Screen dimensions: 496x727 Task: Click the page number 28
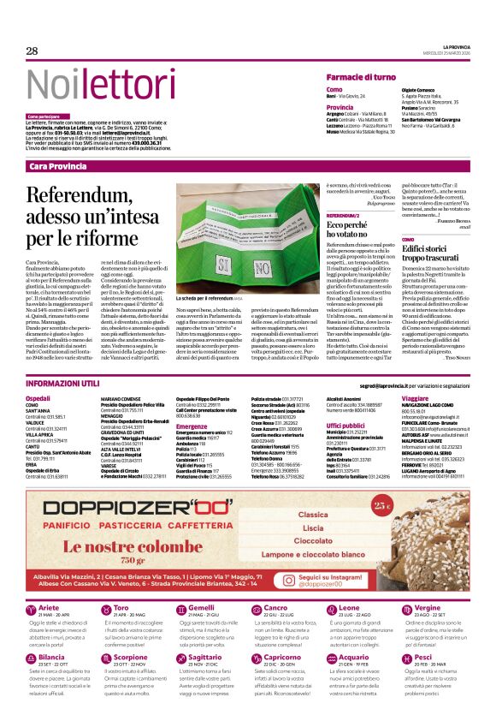[x=32, y=51]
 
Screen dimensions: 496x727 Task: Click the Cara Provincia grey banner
[x=57, y=166]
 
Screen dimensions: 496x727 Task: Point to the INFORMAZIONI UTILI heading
[x=63, y=384]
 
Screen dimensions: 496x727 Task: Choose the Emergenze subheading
[x=192, y=426]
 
